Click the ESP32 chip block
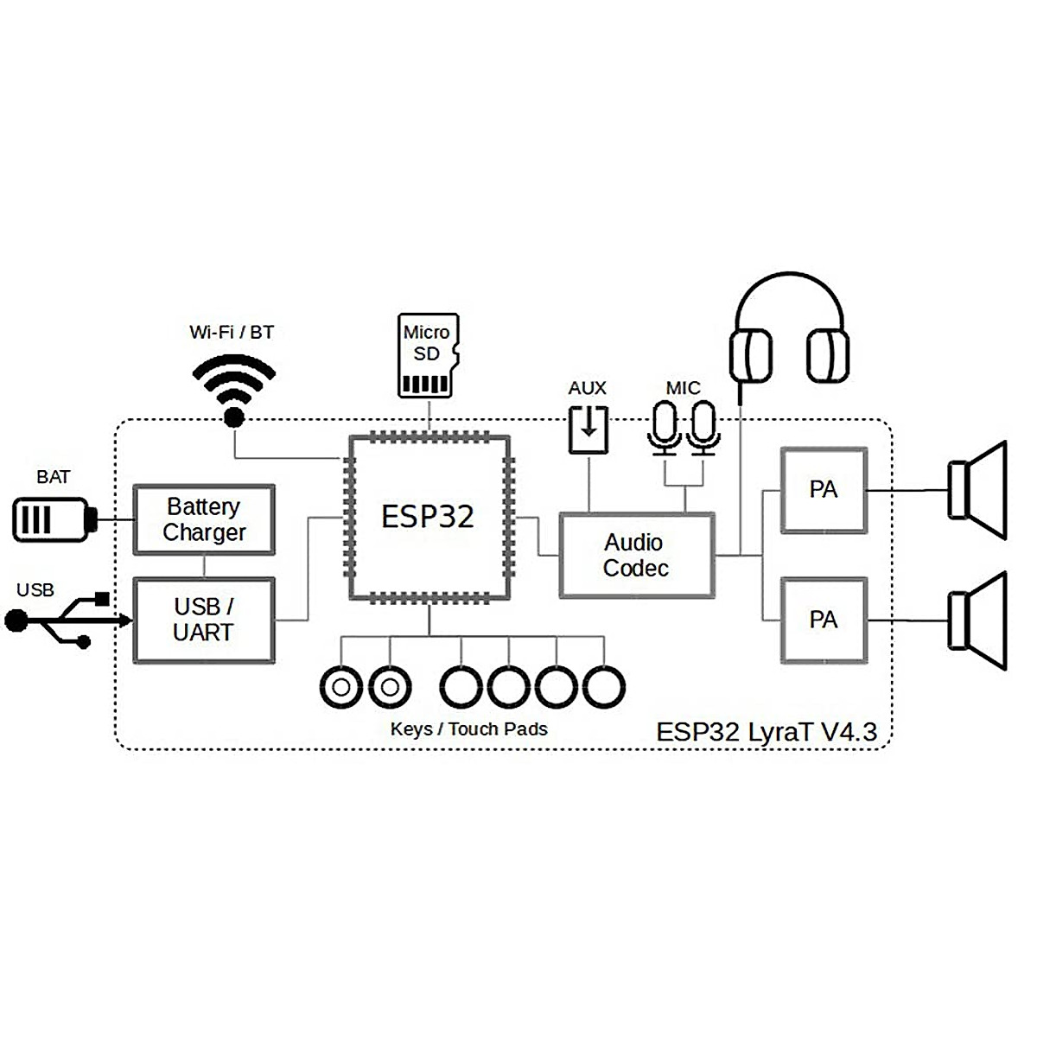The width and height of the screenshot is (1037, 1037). click(x=428, y=517)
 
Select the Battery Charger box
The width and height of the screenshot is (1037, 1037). click(x=204, y=519)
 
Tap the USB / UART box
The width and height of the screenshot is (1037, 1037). click(x=204, y=620)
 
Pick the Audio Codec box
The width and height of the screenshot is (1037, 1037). click(x=637, y=556)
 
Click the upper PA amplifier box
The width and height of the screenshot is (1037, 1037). click(x=823, y=490)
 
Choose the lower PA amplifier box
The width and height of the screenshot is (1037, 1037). click(x=823, y=620)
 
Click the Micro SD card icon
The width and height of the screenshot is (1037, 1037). click(x=428, y=355)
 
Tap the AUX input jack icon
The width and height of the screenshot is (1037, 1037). click(x=588, y=429)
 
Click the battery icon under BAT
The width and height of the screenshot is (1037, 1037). click(x=52, y=519)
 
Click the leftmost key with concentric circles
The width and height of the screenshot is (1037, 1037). click(x=341, y=688)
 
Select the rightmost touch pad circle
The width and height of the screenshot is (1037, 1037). click(x=603, y=688)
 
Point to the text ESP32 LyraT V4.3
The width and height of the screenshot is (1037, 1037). click(x=767, y=732)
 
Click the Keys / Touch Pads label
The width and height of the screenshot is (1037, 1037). click(x=468, y=729)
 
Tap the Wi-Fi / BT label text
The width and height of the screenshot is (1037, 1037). click(x=232, y=332)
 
